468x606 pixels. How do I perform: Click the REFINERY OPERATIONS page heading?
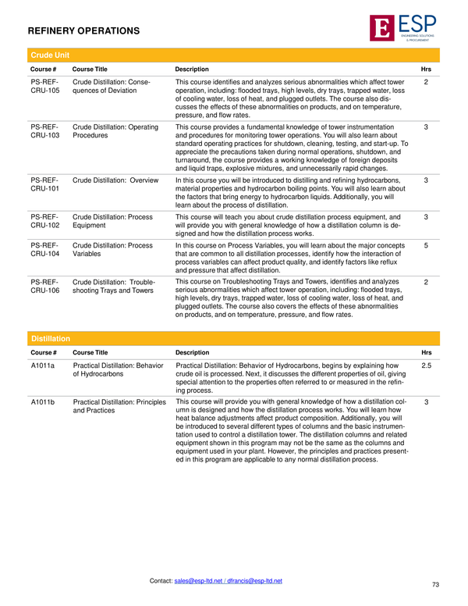(x=83, y=31)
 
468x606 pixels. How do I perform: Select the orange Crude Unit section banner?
(x=233, y=55)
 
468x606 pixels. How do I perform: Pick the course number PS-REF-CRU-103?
(x=44, y=130)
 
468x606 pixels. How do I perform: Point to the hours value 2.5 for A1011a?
(x=426, y=365)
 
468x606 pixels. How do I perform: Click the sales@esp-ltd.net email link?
(x=201, y=580)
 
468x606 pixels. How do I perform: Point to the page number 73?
(x=435, y=584)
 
